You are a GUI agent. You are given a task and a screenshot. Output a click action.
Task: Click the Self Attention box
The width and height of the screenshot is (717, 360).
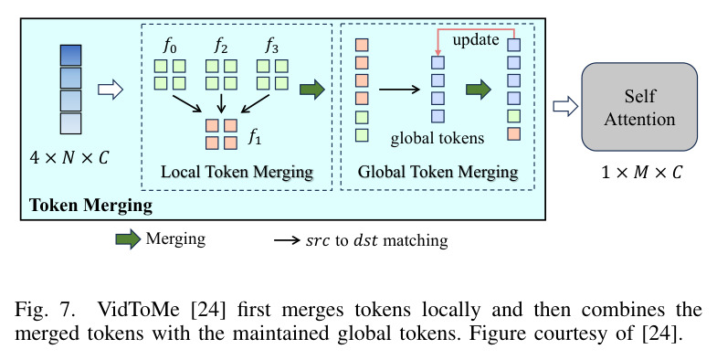point(639,107)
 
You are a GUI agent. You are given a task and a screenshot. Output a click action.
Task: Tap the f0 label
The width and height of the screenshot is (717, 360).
point(170,47)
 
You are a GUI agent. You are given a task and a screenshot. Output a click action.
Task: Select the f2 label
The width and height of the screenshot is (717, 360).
point(221,47)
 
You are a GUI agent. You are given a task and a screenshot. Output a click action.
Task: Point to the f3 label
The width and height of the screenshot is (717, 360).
point(271,47)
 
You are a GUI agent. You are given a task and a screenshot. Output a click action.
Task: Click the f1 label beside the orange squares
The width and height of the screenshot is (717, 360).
point(255,136)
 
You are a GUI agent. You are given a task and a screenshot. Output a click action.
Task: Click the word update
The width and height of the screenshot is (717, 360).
point(476,40)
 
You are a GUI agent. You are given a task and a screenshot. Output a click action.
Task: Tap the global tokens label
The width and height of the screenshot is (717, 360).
point(438,138)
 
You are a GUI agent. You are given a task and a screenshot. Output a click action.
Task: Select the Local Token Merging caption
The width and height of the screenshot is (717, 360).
point(237,172)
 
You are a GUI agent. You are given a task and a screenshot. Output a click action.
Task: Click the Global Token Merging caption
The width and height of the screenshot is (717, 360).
point(438,172)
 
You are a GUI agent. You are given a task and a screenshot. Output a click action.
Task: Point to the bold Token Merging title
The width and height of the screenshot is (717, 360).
point(90,205)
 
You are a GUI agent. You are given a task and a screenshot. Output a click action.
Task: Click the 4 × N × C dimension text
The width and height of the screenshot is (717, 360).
point(69,158)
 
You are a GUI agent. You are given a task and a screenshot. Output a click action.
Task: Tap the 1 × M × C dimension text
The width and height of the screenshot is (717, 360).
point(641,173)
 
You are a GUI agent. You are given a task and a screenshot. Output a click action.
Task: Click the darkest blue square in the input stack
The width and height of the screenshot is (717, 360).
point(71,56)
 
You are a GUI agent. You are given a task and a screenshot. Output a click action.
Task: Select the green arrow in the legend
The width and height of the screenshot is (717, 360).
point(128,239)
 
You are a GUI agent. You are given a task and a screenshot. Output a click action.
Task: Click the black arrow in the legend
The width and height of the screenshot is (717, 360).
point(287,240)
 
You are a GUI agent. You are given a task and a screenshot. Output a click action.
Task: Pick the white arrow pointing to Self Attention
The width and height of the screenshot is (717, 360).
point(565,107)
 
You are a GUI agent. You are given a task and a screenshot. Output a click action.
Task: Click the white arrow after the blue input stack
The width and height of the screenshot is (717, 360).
point(111,89)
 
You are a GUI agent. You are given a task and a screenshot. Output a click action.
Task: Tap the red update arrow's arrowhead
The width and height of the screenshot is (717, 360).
point(438,53)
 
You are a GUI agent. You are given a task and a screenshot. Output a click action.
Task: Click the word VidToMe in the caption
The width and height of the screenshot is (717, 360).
point(138,310)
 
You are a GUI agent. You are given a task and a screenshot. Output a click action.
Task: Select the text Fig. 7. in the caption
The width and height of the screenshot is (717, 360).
point(45,310)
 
